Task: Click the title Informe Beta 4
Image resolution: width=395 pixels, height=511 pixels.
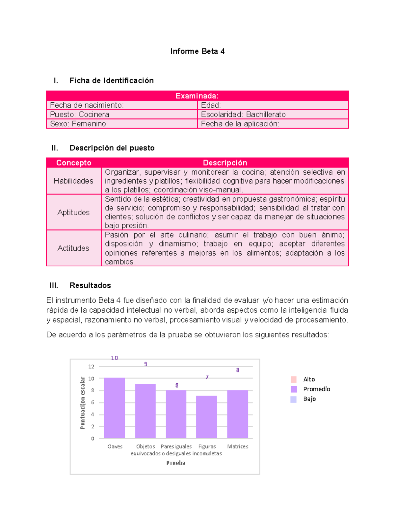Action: click(x=197, y=51)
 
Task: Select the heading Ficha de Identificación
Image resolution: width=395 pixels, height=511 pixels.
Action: click(x=111, y=81)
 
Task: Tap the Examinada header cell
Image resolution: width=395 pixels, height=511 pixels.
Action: click(x=197, y=96)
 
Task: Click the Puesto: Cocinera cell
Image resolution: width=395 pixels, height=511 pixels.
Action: click(x=121, y=115)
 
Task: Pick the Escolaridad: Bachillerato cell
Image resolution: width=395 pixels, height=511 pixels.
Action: click(x=273, y=115)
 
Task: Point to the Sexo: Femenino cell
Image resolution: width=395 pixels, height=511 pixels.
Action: click(x=121, y=124)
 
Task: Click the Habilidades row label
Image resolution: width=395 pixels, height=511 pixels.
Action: click(x=73, y=181)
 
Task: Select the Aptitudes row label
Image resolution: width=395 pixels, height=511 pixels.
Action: click(x=73, y=212)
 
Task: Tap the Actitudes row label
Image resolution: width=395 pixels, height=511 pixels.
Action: click(x=73, y=248)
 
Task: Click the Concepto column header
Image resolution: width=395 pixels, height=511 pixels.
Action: click(x=73, y=163)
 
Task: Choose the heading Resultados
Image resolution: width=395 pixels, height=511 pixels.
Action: click(x=90, y=285)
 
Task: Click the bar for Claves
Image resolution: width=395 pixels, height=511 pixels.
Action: click(x=114, y=408)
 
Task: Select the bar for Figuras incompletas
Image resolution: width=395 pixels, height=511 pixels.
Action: click(x=206, y=417)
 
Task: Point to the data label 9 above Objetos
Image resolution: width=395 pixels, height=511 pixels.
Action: click(x=145, y=364)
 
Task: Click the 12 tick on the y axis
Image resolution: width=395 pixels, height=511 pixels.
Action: click(x=91, y=367)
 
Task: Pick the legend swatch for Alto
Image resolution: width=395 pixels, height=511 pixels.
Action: click(x=294, y=379)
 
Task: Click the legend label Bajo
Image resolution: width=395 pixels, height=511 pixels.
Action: click(x=309, y=399)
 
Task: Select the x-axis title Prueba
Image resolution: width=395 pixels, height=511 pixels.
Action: click(x=176, y=463)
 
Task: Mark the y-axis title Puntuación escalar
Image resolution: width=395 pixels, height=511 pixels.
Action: click(x=82, y=403)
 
